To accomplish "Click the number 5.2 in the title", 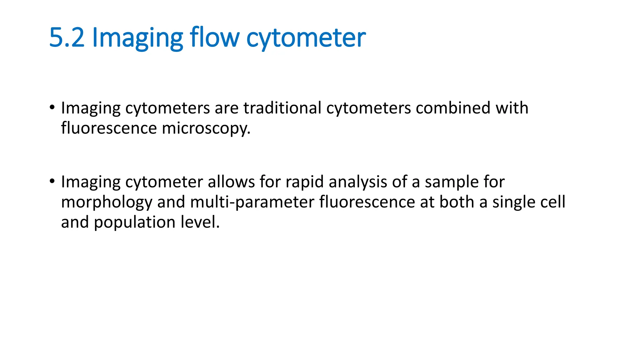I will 67,37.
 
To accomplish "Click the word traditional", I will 282,108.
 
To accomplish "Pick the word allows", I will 231,182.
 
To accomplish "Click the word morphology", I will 107,202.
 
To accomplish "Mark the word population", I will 135,223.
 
